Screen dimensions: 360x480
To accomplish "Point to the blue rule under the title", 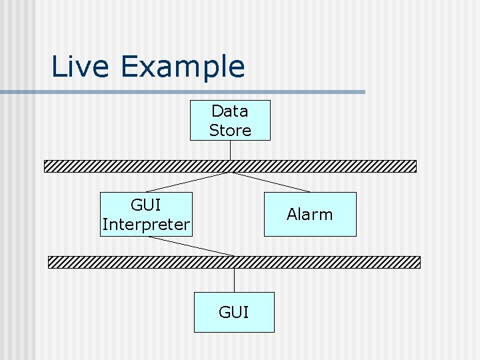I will pyautogui.click(x=200, y=92).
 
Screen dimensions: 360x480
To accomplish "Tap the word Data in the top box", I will pyautogui.click(x=229, y=111).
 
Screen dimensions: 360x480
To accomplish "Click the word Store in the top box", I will pyautogui.click(x=230, y=130).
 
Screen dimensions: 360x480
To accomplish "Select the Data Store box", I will pyautogui.click(x=230, y=120).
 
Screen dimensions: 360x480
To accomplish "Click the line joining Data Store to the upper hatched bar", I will pyautogui.click(x=230, y=150).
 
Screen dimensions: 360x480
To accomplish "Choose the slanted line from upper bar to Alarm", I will pyautogui.click(x=270, y=182).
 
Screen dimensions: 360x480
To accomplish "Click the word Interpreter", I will pyautogui.click(x=146, y=225).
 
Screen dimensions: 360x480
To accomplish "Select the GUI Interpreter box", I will pyautogui.click(x=146, y=214).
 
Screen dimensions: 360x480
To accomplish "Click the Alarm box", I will pyautogui.click(x=310, y=214).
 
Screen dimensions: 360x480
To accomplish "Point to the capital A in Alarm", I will pyautogui.click(x=292, y=214).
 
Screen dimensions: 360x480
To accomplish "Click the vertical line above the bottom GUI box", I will pyautogui.click(x=234, y=280).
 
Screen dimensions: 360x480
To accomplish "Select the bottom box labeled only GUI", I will pyautogui.click(x=234, y=312).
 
